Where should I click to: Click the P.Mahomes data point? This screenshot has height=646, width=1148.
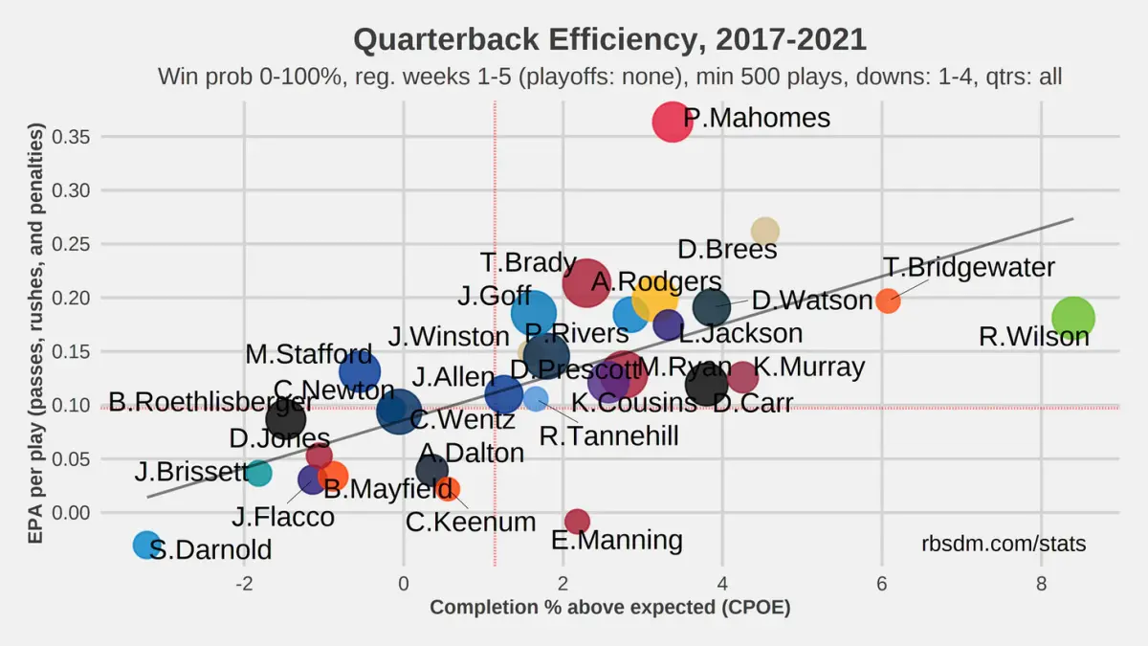(673, 122)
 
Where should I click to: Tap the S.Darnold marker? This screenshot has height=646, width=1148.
(145, 546)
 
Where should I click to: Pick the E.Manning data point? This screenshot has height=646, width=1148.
(577, 521)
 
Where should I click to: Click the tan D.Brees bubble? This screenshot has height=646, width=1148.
(764, 231)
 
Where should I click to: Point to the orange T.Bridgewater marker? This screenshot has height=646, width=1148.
(888, 301)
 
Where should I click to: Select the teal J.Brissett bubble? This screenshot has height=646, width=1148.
(258, 473)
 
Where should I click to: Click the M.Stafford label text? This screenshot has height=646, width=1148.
(308, 354)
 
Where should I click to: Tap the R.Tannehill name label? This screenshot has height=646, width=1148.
(608, 436)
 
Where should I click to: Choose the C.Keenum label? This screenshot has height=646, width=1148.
(471, 523)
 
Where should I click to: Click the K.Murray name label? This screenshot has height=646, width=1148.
(808, 367)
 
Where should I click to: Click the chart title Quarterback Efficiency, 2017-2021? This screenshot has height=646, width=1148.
(609, 40)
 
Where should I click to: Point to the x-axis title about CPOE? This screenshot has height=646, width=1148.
(609, 608)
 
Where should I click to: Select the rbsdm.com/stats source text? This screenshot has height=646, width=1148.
(1004, 545)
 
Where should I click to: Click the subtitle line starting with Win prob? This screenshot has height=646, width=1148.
(609, 77)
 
